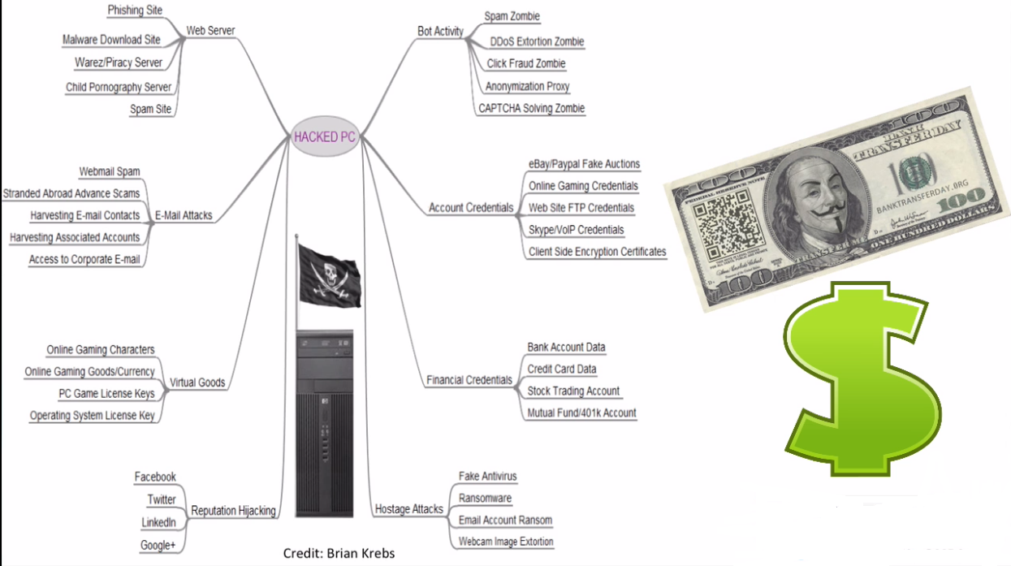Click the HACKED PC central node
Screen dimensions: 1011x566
tap(325, 136)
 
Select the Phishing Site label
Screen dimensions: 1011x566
tap(135, 11)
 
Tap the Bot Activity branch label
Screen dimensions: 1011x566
tap(440, 32)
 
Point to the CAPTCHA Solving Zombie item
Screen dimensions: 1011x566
tap(531, 108)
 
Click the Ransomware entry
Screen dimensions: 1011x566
tap(485, 498)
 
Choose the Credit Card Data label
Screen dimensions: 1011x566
tap(562, 369)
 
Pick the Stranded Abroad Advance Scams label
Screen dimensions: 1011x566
tap(71, 193)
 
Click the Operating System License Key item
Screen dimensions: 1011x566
tap(92, 416)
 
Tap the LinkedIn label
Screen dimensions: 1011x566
tap(158, 521)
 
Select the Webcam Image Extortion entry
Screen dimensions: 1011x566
tap(506, 542)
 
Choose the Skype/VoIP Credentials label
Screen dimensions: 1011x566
tap(576, 230)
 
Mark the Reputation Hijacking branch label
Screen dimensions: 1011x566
tap(233, 511)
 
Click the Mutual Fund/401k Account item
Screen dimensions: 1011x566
tap(581, 413)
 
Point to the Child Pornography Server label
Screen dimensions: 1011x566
tap(119, 87)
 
